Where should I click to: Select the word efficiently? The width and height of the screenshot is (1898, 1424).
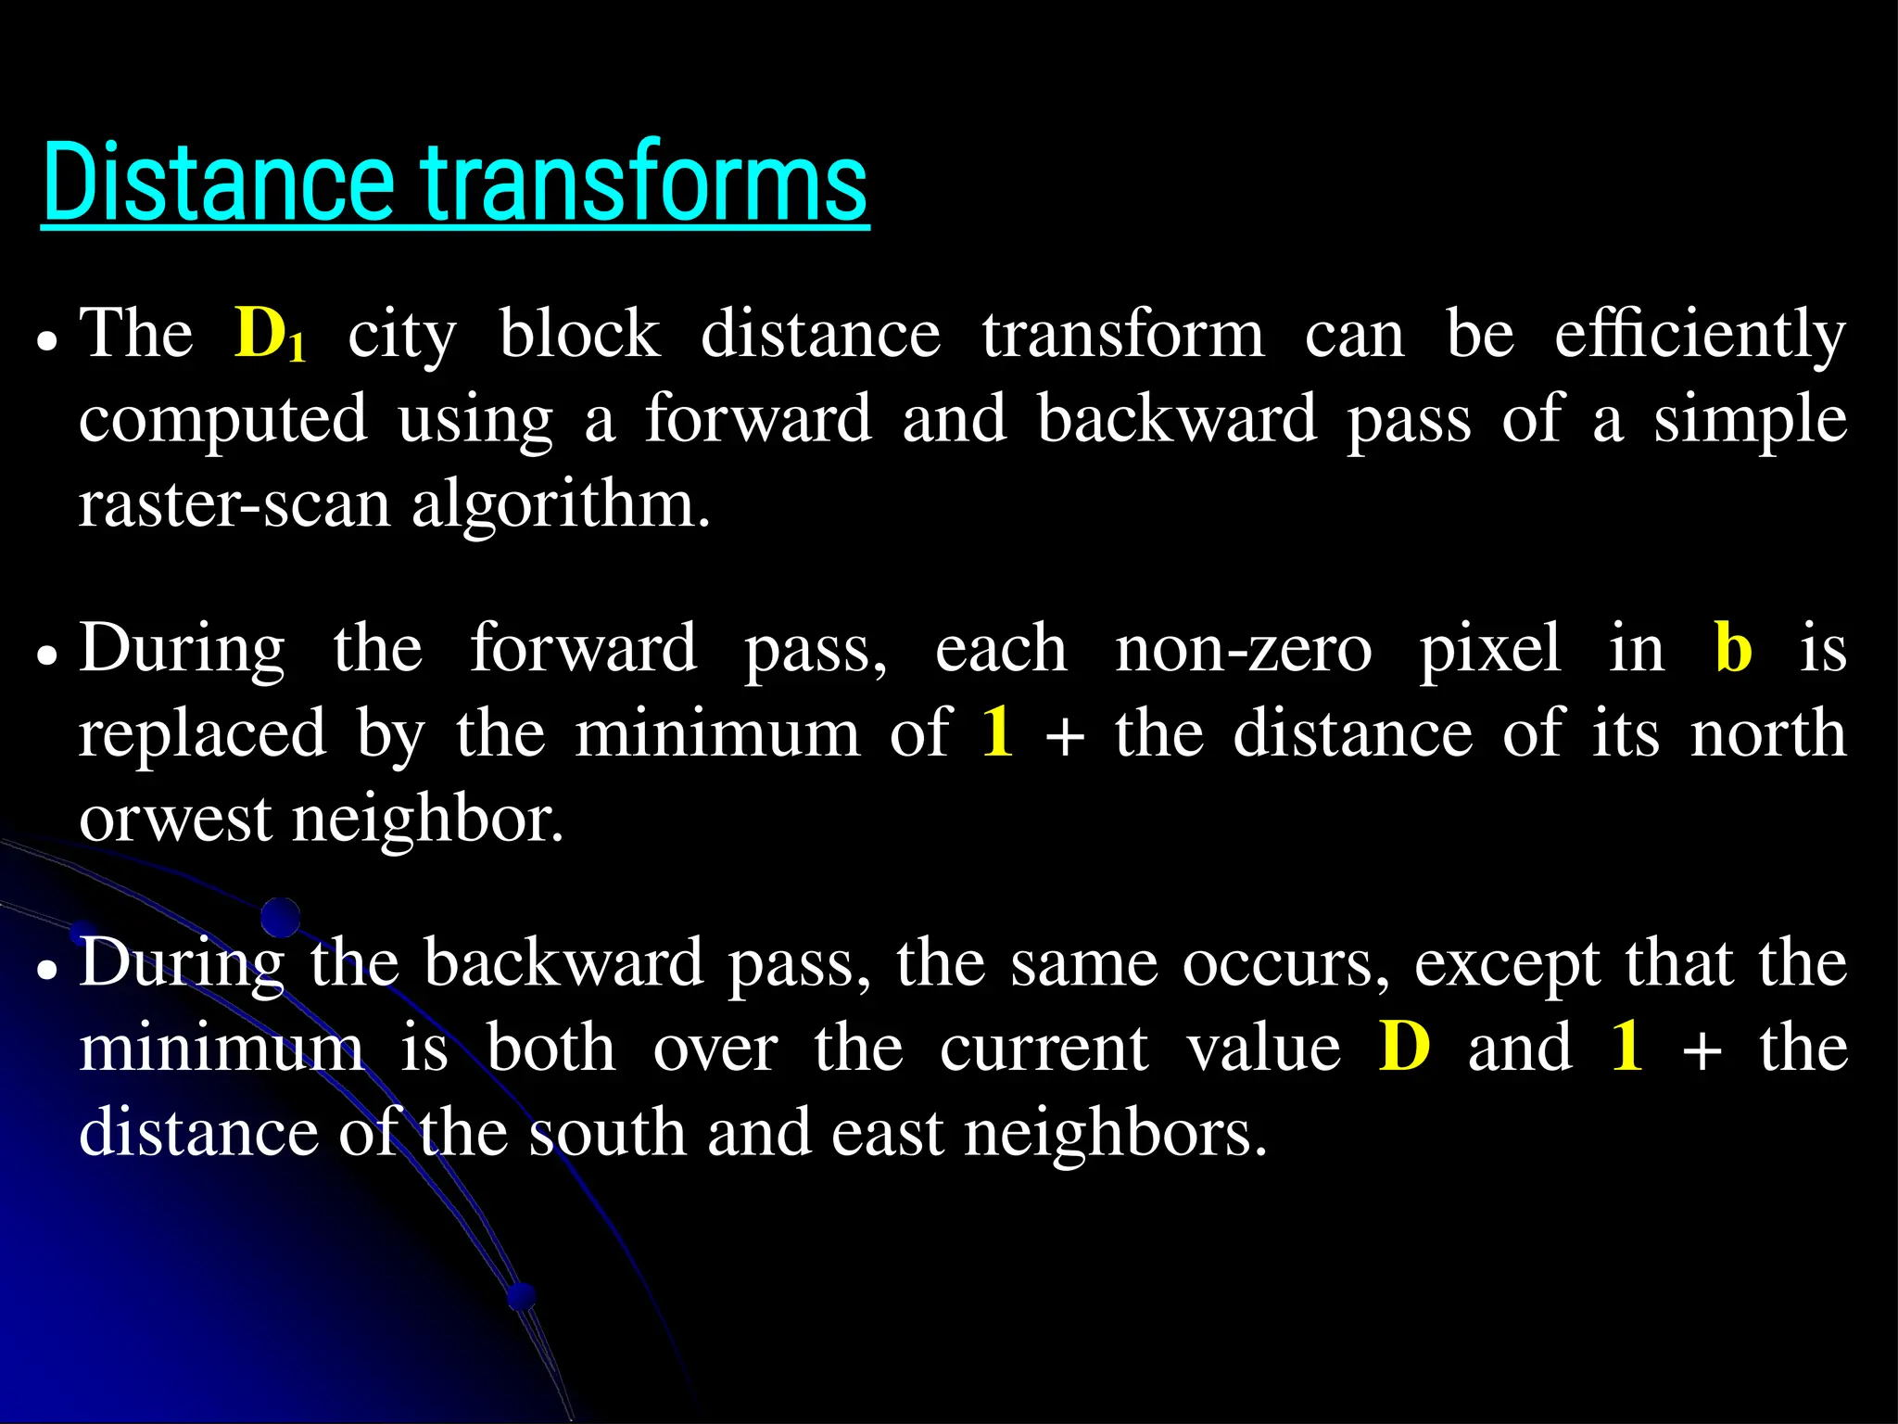(1700, 336)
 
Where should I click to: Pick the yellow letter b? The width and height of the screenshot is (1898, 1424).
(1733, 648)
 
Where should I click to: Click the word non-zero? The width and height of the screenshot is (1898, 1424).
(1243, 648)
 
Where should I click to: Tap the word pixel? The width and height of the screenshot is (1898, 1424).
(1490, 648)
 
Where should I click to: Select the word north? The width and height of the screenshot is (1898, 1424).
(1768, 733)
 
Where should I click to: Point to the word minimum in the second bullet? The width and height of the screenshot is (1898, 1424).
(717, 733)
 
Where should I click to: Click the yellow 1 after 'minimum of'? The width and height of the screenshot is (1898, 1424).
(998, 733)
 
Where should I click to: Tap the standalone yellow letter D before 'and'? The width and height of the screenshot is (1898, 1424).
(1404, 1048)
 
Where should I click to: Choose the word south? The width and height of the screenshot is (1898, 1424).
(608, 1133)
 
